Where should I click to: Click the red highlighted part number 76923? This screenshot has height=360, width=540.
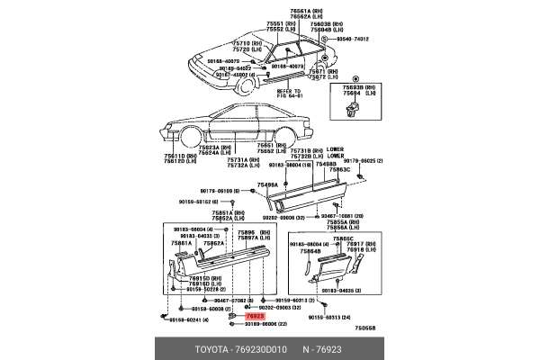pyautogui.click(x=255, y=317)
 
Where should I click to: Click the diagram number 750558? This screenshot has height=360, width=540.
pyautogui.click(x=364, y=328)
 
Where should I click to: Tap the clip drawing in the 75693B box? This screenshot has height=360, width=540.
pyautogui.click(x=352, y=108)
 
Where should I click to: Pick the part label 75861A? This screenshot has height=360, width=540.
pyautogui.click(x=183, y=244)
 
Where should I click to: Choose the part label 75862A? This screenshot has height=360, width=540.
pyautogui.click(x=213, y=244)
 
